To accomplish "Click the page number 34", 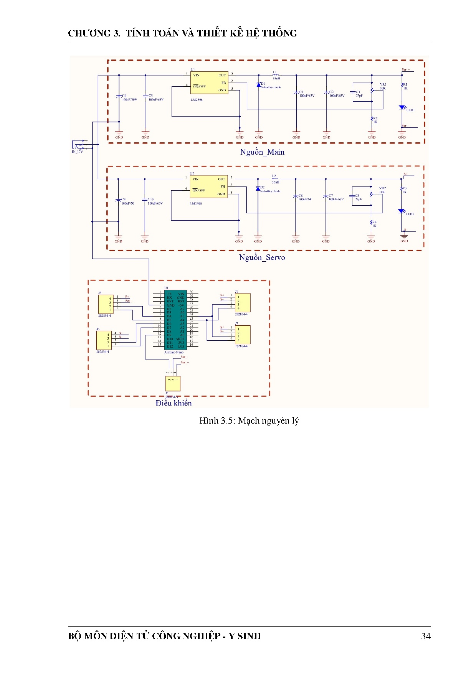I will pyautogui.click(x=426, y=636).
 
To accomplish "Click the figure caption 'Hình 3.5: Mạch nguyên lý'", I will pyautogui.click(x=249, y=421).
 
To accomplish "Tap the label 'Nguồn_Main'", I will pyautogui.click(x=262, y=152).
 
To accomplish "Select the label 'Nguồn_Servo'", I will pyautogui.click(x=262, y=257).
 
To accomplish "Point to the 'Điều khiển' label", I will pyautogui.click(x=174, y=403).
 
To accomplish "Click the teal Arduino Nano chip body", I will pyautogui.click(x=175, y=320).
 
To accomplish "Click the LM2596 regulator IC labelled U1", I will pyautogui.click(x=209, y=82).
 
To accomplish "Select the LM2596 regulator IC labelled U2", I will pyautogui.click(x=208, y=186).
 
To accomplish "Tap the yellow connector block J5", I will pyautogui.click(x=106, y=304).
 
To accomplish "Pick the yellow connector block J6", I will pyautogui.click(x=104, y=340).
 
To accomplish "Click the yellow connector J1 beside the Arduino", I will pyautogui.click(x=243, y=303).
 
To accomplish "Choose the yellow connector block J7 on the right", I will pyautogui.click(x=243, y=335).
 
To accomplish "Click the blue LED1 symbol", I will pyautogui.click(x=402, y=107).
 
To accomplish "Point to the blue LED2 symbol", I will pyautogui.click(x=401, y=211).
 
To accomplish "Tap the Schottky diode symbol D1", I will pyautogui.click(x=259, y=85).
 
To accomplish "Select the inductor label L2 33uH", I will pyautogui.click(x=275, y=179).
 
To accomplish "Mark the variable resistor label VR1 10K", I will pyautogui.click(x=383, y=86).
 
